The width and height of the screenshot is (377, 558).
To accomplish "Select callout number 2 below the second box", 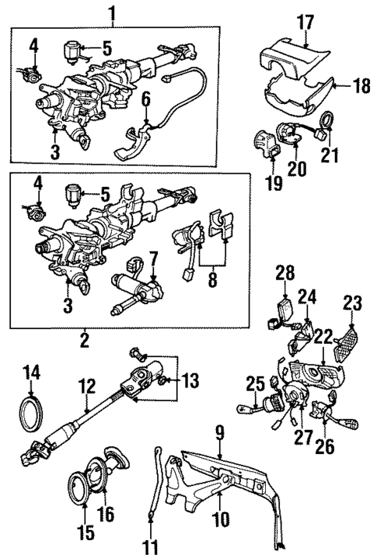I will click(x=83, y=339).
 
